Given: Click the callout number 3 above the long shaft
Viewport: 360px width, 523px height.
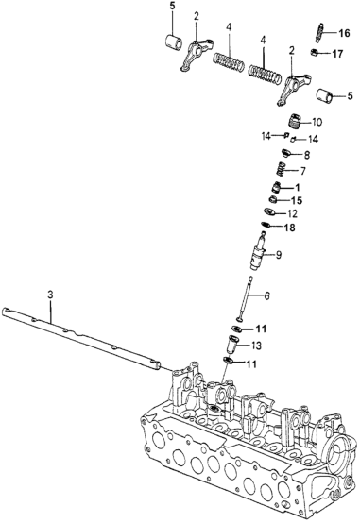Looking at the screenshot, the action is pos(50,295).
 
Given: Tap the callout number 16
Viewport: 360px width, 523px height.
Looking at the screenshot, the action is pos(344,33).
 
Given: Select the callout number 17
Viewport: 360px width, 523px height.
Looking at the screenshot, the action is pos(337,54).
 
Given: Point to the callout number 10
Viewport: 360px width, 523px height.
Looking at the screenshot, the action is pos(317,122).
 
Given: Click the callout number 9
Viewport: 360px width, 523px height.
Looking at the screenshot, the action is pos(278,255).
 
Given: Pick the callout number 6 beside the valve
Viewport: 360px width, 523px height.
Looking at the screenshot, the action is pos(266,295).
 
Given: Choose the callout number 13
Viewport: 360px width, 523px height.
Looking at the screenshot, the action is pos(256,346).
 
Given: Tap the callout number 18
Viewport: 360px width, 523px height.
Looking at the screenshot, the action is pos(289,228).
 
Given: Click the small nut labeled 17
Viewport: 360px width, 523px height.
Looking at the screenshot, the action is pos(314,52).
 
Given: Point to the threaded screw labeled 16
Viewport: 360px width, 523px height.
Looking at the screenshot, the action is pos(319,33).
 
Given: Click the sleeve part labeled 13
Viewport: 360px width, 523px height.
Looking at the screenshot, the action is pos(231,345).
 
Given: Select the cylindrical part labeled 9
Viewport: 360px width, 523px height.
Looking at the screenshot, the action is pos(259,252).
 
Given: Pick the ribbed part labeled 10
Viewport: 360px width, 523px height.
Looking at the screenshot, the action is pos(295,121).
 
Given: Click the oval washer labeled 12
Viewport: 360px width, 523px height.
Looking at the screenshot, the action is pos(269,211).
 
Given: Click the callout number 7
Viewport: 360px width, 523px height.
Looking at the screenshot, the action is pos(302,172).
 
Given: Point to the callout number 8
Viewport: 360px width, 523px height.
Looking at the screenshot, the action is pos(306,155).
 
